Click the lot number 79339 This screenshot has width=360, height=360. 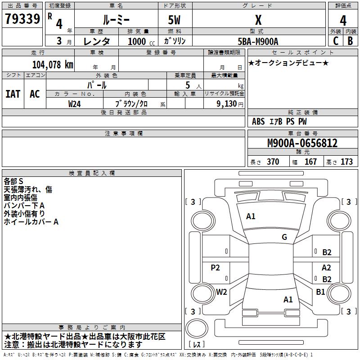[22, 18]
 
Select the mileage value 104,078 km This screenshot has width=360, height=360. [53, 65]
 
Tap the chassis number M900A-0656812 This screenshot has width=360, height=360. [302, 143]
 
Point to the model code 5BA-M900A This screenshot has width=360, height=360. [258, 41]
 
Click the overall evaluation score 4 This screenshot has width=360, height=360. [343, 21]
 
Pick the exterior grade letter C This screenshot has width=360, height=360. [336, 41]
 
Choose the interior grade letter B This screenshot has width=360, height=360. [350, 41]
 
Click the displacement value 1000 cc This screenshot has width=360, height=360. [141, 41]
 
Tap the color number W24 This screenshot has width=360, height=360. [74, 104]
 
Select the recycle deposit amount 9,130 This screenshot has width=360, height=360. [226, 104]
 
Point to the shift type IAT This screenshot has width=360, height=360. [13, 94]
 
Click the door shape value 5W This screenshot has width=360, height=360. [174, 20]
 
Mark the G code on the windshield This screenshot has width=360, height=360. [284, 237]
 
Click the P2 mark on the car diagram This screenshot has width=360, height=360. [215, 267]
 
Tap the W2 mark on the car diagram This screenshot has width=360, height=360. [221, 292]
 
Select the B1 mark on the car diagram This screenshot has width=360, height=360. [320, 292]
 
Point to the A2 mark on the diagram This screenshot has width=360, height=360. [326, 267]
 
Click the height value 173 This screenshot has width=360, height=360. [346, 162]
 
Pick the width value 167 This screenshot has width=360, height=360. [310, 162]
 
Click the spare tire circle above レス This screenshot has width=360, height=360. [197, 328]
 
